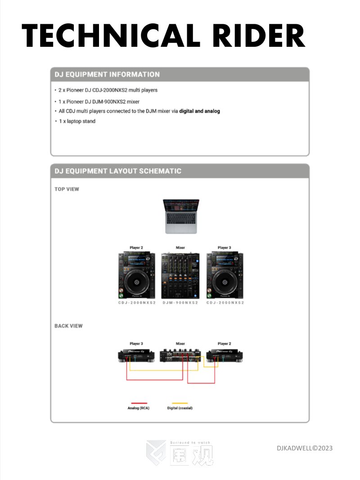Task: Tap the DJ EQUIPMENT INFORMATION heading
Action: (x=107, y=74)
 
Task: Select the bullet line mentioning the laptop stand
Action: (x=77, y=121)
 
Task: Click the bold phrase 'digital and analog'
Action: (x=199, y=111)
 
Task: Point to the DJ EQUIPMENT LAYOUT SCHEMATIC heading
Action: (x=118, y=171)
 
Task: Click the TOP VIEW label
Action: (x=67, y=189)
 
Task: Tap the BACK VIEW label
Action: (x=68, y=326)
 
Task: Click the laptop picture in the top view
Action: (x=181, y=216)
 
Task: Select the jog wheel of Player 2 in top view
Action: (x=136, y=282)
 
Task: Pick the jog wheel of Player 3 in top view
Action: (x=225, y=282)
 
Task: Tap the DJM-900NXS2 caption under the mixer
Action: (x=180, y=303)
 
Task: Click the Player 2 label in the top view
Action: (x=136, y=247)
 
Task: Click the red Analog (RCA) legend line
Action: (x=139, y=403)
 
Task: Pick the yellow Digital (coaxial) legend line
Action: (x=180, y=403)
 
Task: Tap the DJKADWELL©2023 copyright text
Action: (x=305, y=448)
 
